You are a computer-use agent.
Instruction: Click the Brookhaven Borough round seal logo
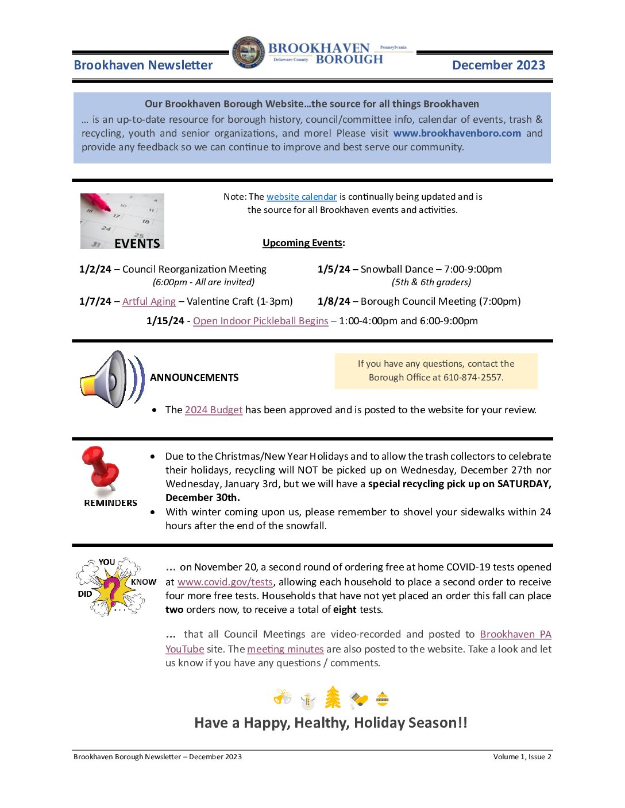tap(249, 53)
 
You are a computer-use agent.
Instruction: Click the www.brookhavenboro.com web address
tap(457, 133)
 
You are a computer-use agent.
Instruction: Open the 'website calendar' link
tap(302, 197)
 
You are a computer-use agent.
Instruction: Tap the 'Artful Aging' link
tap(149, 301)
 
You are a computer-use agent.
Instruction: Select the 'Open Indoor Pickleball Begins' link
tap(260, 321)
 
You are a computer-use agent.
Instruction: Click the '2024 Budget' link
tap(214, 410)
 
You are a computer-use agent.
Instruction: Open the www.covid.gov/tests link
tap(225, 582)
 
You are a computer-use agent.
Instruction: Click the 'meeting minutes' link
tap(286, 649)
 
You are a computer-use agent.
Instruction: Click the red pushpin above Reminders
tap(102, 467)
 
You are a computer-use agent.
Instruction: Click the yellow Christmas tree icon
tap(333, 698)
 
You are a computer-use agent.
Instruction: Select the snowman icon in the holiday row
tap(308, 700)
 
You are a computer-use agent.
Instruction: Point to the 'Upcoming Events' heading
tap(303, 243)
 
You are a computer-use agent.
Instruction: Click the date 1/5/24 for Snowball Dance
tap(333, 269)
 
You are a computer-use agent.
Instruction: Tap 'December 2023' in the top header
tap(498, 65)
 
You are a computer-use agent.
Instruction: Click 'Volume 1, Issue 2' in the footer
tap(522, 757)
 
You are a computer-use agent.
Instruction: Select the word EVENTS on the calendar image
tap(137, 243)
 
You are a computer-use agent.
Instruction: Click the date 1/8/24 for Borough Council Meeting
tap(333, 301)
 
